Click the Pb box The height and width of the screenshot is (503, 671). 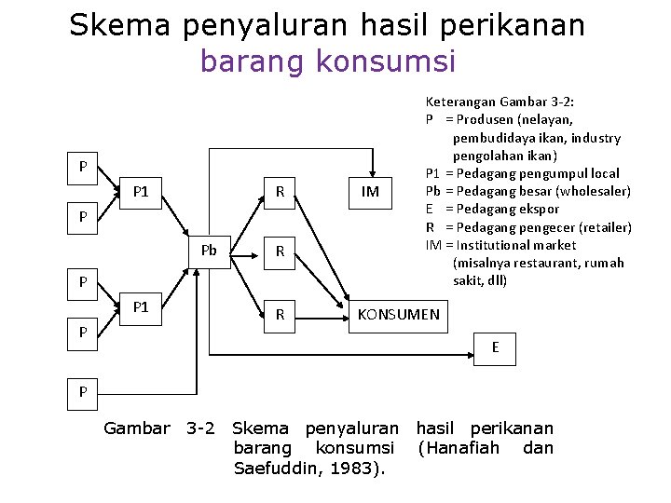pos(209,251)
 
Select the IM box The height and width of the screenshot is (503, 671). pos(370,192)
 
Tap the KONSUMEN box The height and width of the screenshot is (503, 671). pos(399,315)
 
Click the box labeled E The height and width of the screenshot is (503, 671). pos(496,347)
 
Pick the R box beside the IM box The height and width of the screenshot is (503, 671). pos(280,192)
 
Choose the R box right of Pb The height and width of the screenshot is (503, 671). pos(280,251)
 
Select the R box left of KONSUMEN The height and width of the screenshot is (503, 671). pos(280,315)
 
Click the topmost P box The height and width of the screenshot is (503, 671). pos(83,168)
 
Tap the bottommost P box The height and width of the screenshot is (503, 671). pos(83,392)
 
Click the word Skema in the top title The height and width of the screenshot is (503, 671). pos(119,25)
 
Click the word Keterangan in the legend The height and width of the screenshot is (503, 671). pos(460,102)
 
